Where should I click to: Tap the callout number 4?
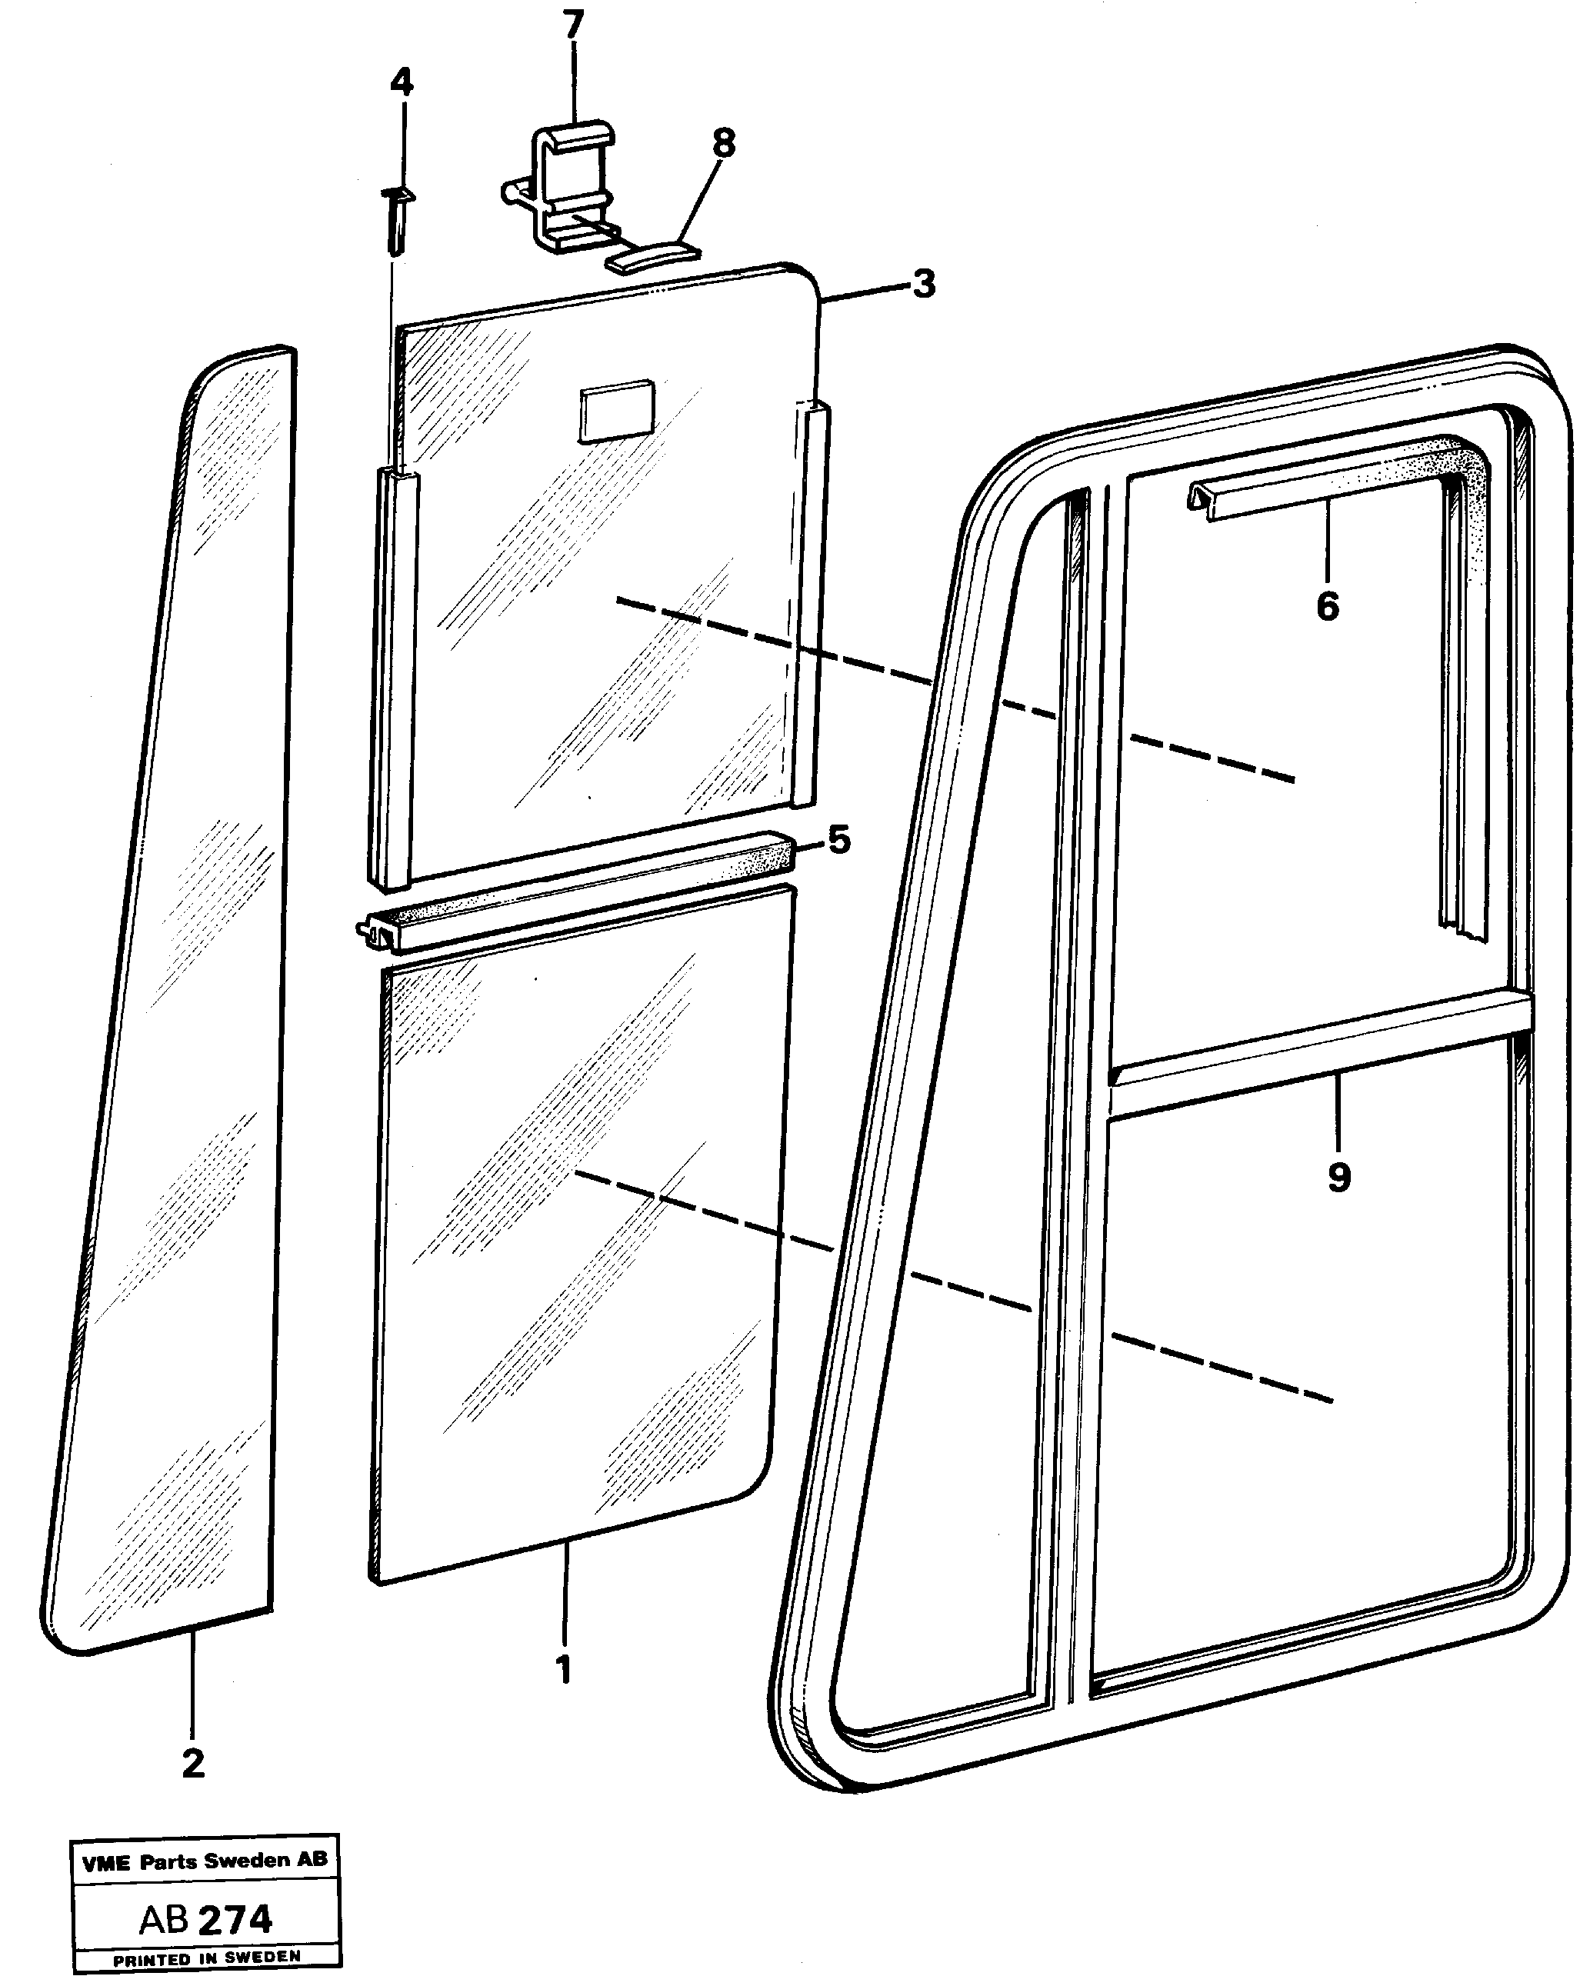401,83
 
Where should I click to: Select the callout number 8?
724,144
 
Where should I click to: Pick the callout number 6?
1326,606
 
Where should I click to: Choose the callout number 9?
1338,1178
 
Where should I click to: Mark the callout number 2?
192,1763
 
